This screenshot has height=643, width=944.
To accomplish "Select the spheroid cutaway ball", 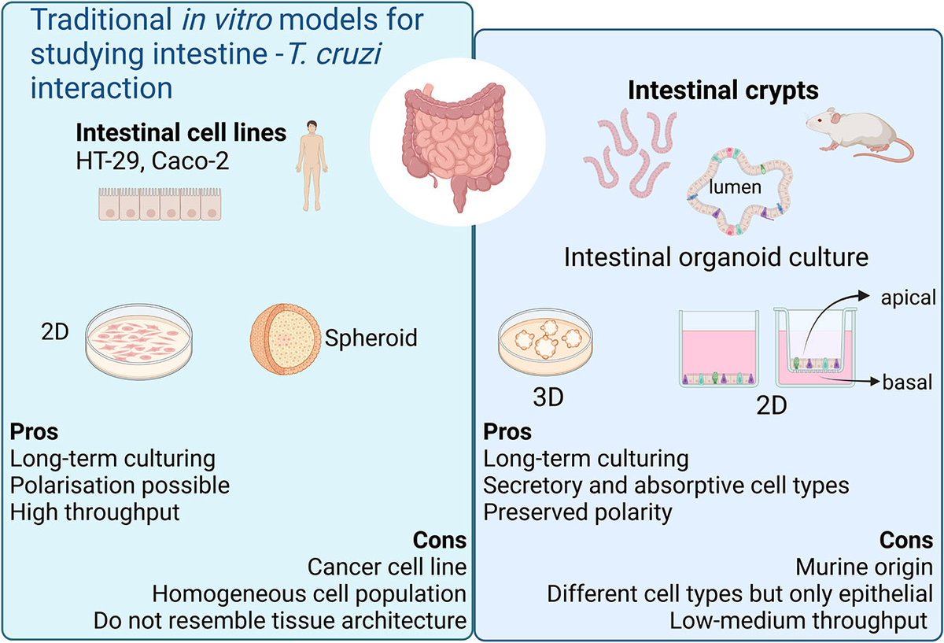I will tap(286, 338).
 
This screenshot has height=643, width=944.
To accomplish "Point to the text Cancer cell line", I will tap(386, 567).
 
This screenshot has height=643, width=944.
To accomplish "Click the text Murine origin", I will tap(864, 567).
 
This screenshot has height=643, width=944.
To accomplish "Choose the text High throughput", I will tap(96, 512).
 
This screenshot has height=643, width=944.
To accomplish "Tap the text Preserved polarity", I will tap(578, 512).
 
